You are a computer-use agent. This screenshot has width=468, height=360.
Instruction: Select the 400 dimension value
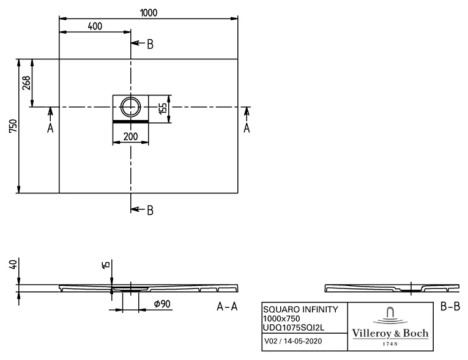pyautogui.click(x=95, y=26)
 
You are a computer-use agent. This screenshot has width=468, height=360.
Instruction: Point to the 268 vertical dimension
pyautogui.click(x=26, y=83)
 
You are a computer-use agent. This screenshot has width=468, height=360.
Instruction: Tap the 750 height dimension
pyautogui.click(x=12, y=126)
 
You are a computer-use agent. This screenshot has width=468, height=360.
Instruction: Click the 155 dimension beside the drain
pyautogui.click(x=163, y=109)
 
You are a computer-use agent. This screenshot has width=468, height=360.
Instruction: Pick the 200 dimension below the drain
pyautogui.click(x=130, y=137)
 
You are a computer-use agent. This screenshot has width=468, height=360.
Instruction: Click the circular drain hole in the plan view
pyautogui.click(x=130, y=107)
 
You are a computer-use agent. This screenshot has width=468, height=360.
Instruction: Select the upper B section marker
pyautogui.click(x=149, y=43)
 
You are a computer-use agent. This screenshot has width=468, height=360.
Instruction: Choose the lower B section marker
pyautogui.click(x=149, y=210)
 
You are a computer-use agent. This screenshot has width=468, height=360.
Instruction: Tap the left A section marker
pyautogui.click(x=50, y=127)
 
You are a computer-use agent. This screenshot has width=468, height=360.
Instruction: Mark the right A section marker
pyautogui.click(x=247, y=127)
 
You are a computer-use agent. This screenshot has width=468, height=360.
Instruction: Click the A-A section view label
pyautogui.click(x=226, y=307)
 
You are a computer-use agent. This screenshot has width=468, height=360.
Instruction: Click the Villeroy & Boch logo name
pyautogui.click(x=390, y=334)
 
